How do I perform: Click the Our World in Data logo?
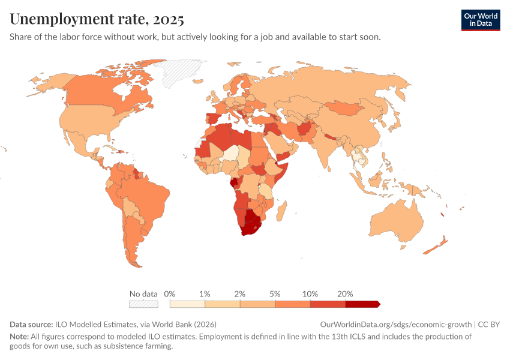click(x=480, y=20)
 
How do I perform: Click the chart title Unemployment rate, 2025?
click(x=97, y=19)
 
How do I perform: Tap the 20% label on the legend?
click(x=345, y=294)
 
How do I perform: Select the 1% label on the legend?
click(x=205, y=294)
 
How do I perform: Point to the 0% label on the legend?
click(x=170, y=294)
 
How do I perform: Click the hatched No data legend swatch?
click(x=143, y=304)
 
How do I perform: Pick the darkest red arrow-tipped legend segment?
click(x=362, y=304)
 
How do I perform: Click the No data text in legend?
click(x=143, y=294)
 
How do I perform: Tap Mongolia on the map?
click(x=344, y=108)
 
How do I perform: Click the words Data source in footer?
click(x=31, y=324)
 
